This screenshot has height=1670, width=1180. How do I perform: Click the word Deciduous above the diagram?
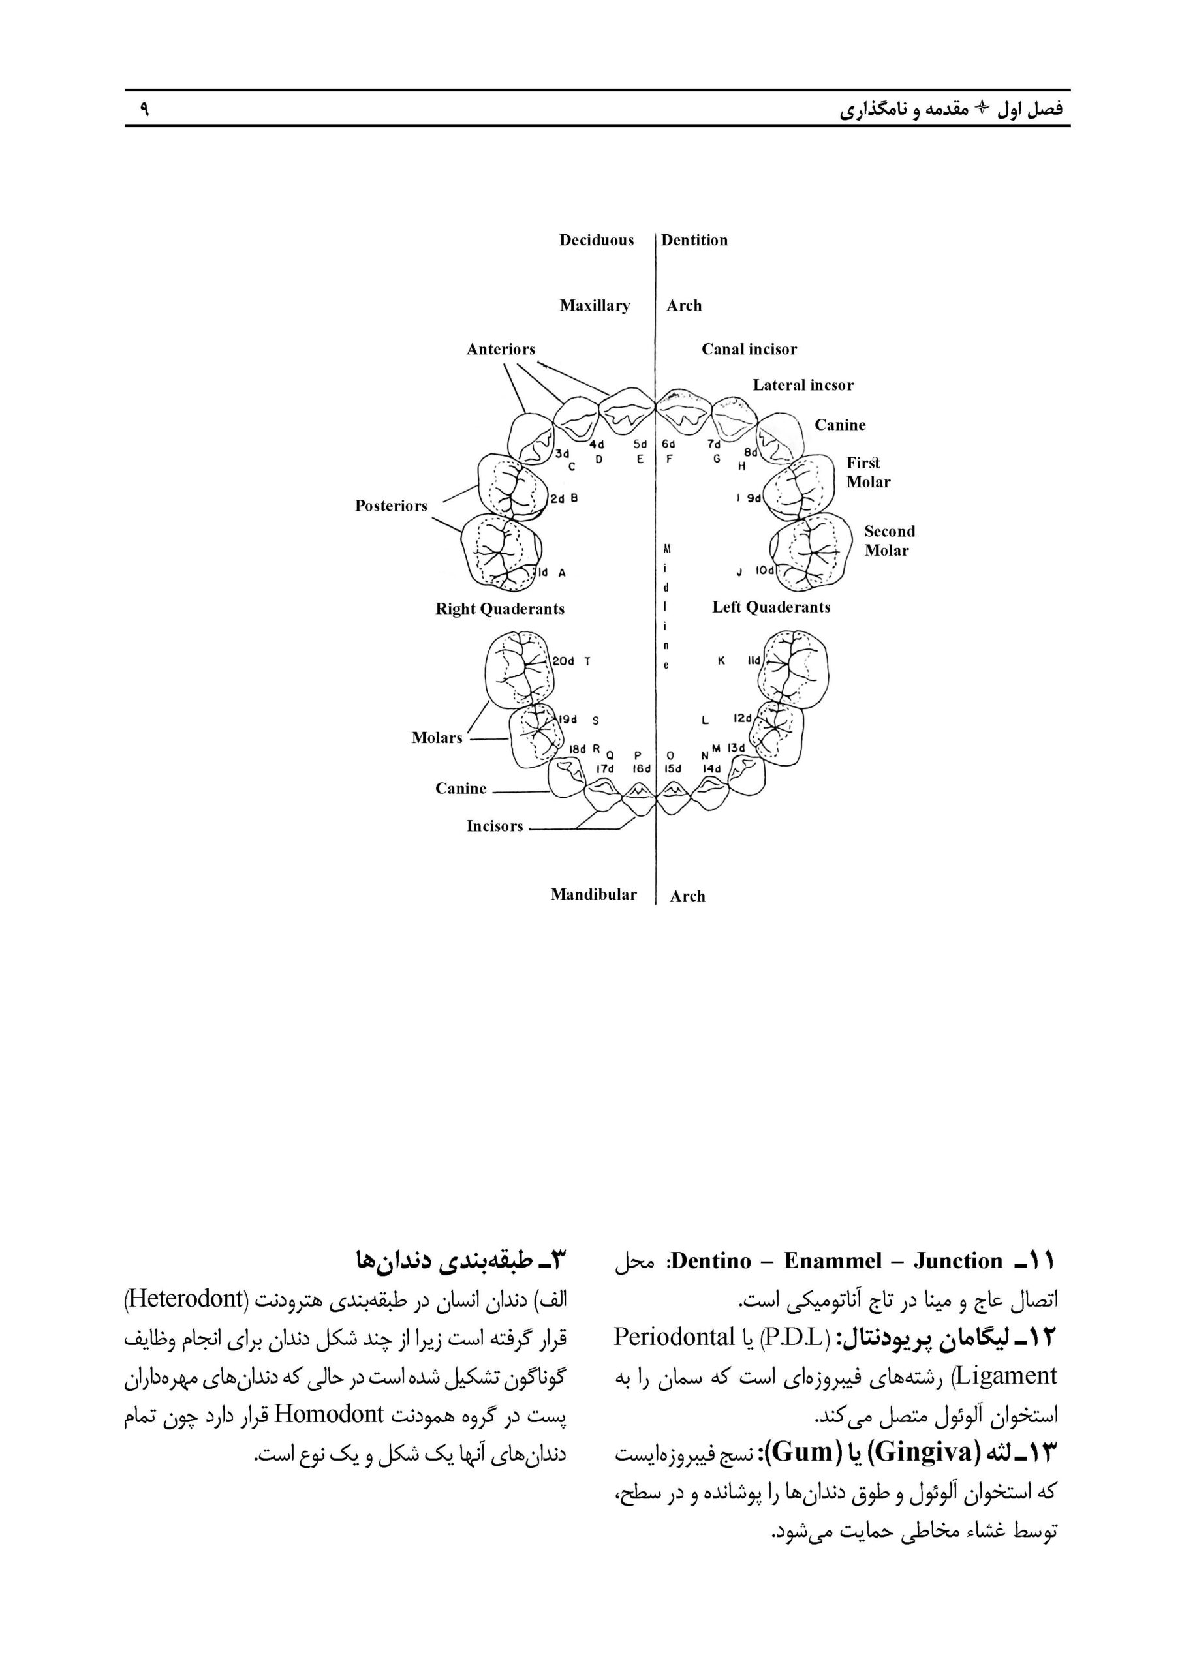[596, 241]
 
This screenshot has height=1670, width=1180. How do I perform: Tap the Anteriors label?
[501, 350]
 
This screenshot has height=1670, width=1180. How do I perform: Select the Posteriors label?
[391, 506]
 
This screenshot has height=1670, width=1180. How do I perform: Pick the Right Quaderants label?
[500, 609]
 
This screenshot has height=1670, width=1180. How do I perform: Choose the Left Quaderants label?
[770, 607]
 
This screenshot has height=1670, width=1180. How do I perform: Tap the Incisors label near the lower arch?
[495, 827]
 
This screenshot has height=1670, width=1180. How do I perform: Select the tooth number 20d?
[563, 661]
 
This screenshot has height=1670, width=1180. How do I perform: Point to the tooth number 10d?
[765, 571]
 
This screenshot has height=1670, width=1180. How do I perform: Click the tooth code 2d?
[557, 499]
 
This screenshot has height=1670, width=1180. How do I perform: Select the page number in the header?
[144, 109]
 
